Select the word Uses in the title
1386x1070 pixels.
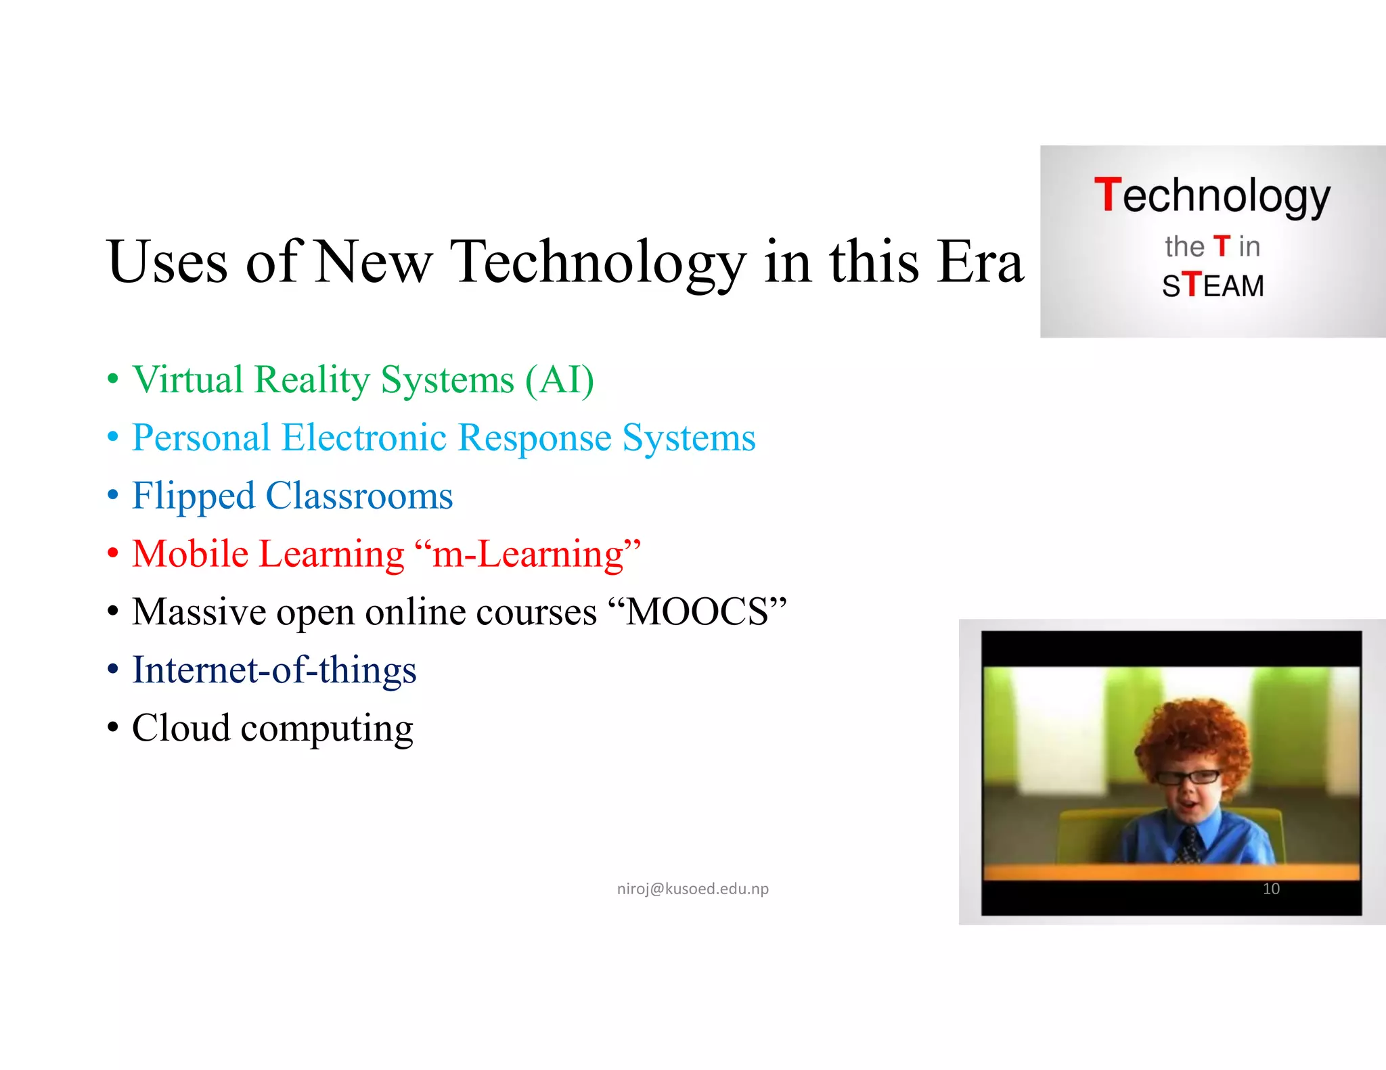(x=166, y=262)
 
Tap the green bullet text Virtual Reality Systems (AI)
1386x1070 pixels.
(x=363, y=379)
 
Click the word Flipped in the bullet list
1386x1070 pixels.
(x=194, y=496)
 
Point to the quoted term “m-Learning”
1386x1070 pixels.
(x=528, y=554)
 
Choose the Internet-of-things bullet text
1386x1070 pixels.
(x=274, y=670)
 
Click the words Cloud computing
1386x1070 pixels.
(x=272, y=728)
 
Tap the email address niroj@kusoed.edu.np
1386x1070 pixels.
(x=692, y=888)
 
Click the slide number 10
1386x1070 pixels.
(x=1271, y=889)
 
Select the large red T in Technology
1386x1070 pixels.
(x=1108, y=195)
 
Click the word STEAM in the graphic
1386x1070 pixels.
(x=1213, y=285)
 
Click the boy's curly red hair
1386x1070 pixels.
(x=1191, y=734)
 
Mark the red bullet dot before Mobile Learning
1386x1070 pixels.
(x=113, y=553)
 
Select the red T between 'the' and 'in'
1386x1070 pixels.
(x=1221, y=246)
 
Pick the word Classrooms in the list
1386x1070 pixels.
(x=359, y=496)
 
